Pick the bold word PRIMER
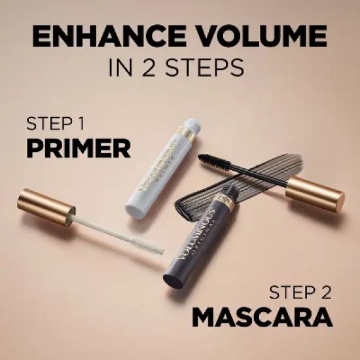pyautogui.click(x=78, y=149)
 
